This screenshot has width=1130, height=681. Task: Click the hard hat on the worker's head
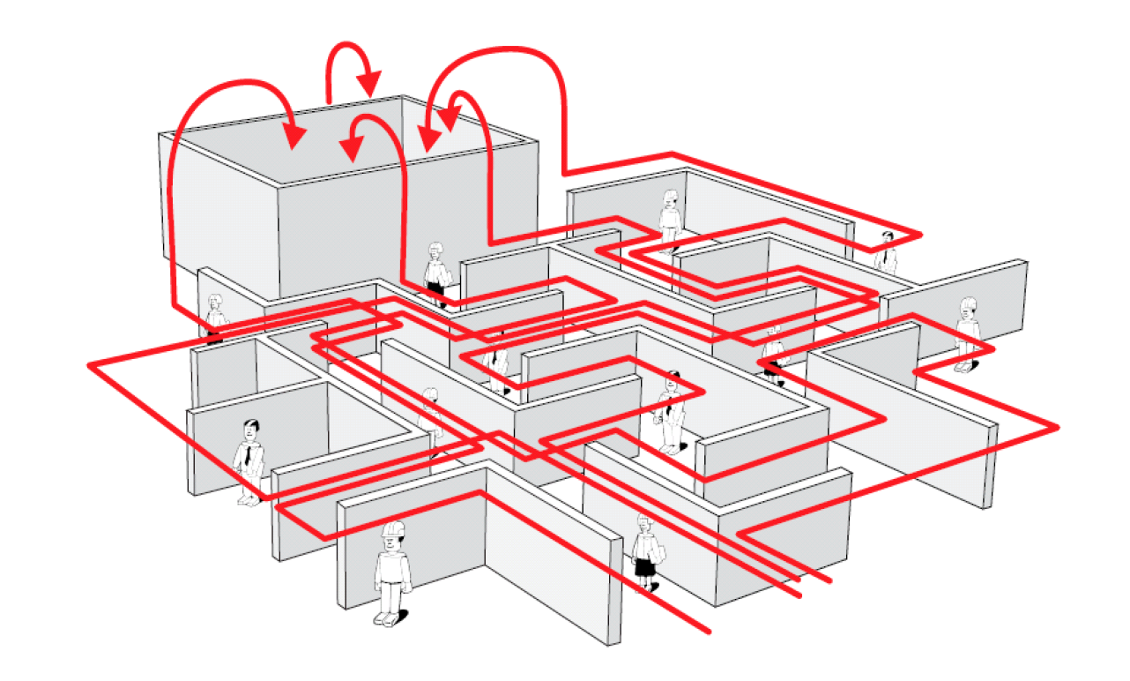pyautogui.click(x=392, y=529)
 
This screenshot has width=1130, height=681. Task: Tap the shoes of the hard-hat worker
pyautogui.click(x=388, y=617)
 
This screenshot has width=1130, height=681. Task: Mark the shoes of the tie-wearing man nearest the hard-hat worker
pyautogui.click(x=248, y=500)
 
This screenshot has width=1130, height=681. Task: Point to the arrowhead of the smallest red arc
pyautogui.click(x=369, y=85)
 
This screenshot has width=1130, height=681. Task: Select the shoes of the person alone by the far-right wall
pyautogui.click(x=964, y=365)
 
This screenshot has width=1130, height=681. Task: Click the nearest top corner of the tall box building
pyautogui.click(x=279, y=185)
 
